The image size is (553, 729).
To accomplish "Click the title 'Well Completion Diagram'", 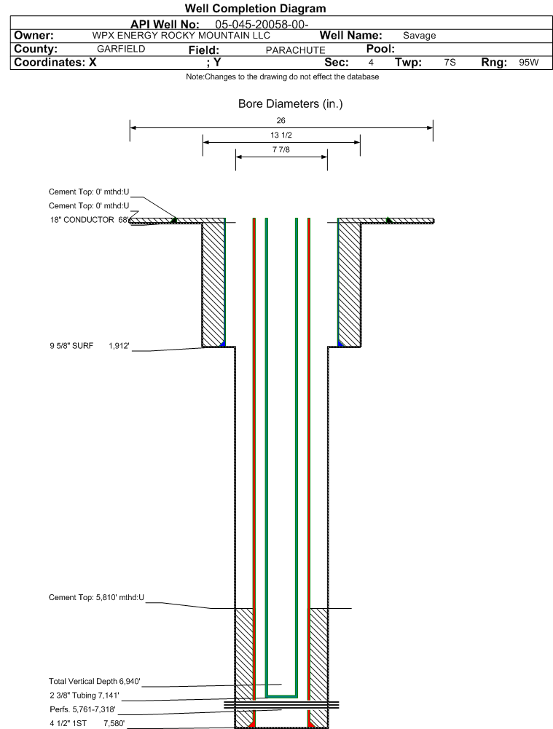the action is coord(255,8).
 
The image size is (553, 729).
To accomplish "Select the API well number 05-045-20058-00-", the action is coord(262,25).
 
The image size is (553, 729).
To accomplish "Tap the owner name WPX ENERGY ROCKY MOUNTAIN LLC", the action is coord(181,36).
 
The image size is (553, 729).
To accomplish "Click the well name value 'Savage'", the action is coord(419,36).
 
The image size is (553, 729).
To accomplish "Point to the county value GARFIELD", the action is coord(121,49).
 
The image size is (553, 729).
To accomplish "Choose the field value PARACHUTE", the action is coord(295,50).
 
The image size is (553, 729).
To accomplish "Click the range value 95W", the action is coord(529,63).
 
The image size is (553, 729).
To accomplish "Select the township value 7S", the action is coord(450,63).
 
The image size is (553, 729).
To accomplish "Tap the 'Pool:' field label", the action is coord(380,49).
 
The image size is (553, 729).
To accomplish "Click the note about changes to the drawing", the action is coord(282,76).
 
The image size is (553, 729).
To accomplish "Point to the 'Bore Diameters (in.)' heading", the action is coord(290,103).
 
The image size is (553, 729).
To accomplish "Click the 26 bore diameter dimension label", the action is coord(281,120).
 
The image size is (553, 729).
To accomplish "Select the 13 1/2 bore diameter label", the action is coord(281,135).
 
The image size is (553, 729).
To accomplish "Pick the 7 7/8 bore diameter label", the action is coord(281,149).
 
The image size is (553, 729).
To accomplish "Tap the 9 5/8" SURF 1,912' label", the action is coord(90,346).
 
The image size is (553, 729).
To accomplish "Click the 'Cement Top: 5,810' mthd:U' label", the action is coord(96,597).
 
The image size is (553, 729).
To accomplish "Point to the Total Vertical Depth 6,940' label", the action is coord(95,681).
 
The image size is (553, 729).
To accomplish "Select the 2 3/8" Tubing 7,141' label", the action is coord(85,695).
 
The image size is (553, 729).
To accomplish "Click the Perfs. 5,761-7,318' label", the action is coord(82,709).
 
